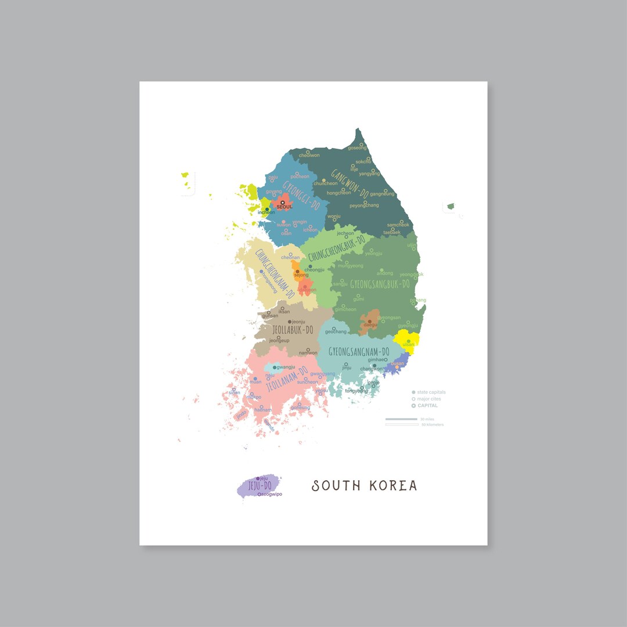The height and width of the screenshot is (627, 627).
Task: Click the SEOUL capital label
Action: [x=284, y=207]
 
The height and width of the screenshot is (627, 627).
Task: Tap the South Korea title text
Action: [x=365, y=485]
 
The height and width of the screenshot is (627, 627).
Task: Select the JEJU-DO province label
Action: [x=260, y=486]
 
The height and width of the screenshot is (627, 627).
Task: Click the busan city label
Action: [x=397, y=364]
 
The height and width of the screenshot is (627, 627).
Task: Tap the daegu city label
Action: [x=370, y=325]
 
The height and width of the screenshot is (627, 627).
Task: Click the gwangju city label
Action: [x=286, y=367]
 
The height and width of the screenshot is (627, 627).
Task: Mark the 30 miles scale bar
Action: [x=402, y=419]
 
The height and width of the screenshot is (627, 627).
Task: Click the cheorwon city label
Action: [x=309, y=155]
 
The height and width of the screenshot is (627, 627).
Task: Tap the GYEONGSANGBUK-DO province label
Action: [x=380, y=284]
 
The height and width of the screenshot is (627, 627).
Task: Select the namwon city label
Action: [x=308, y=353]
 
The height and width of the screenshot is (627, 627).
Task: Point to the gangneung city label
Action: [x=382, y=193]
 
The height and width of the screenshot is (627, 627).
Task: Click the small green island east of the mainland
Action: [x=450, y=206]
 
